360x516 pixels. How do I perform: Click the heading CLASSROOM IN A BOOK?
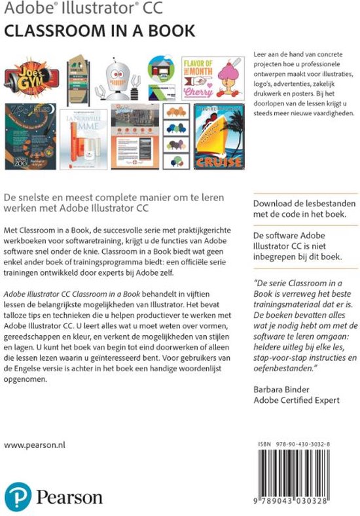tap(99, 30)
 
